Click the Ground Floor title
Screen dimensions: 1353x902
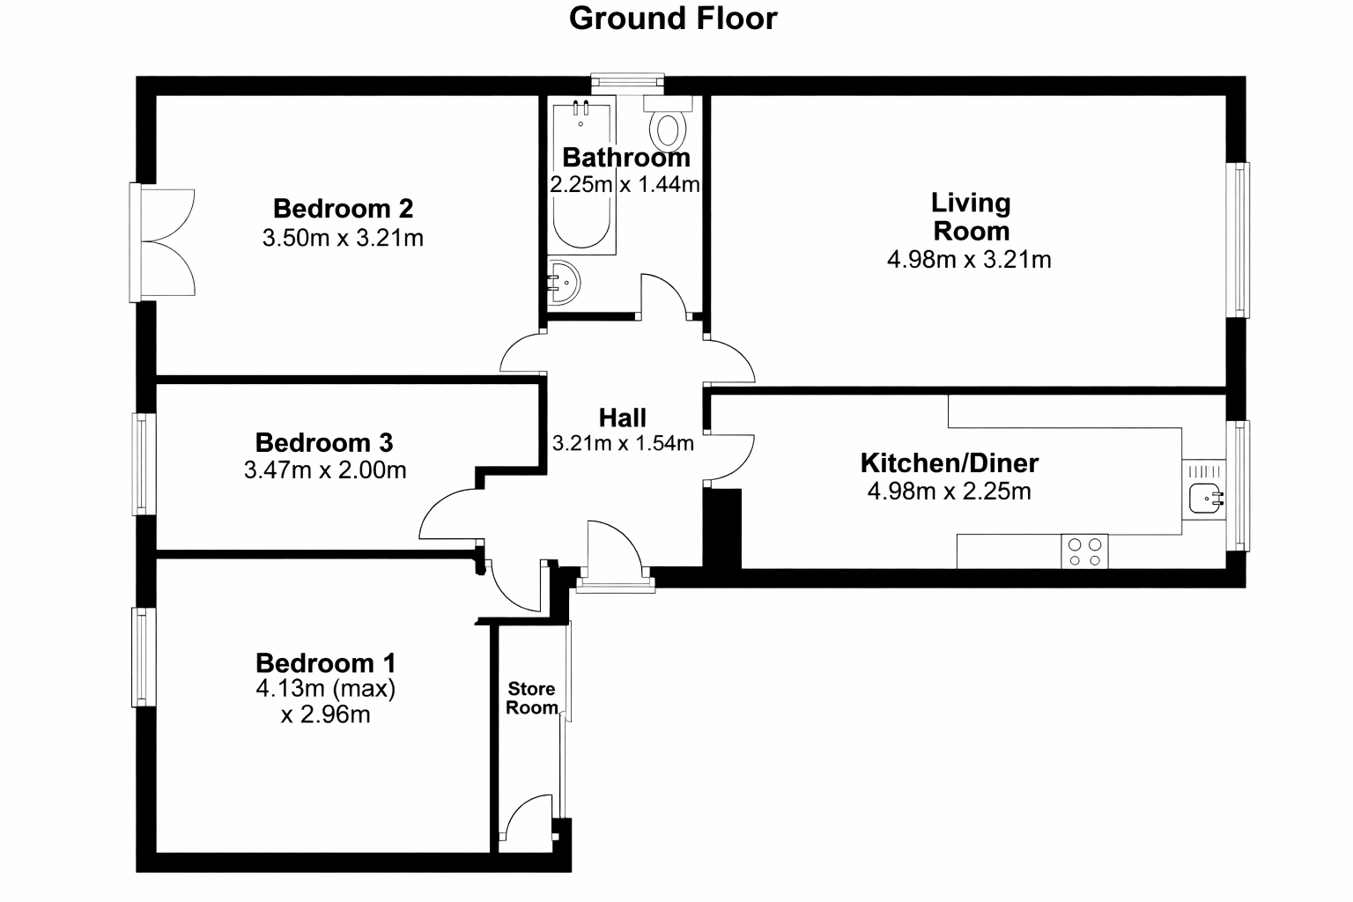[x=673, y=18]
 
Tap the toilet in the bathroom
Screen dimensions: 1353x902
[x=668, y=124]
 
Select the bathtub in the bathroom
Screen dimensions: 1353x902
[x=581, y=175]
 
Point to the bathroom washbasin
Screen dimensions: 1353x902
[x=564, y=282]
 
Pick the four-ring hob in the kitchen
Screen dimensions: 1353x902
[x=1085, y=551]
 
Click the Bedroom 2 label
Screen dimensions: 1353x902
[x=343, y=209]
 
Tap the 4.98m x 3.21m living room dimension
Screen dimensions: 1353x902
[x=969, y=260]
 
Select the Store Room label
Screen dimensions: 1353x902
[x=531, y=698]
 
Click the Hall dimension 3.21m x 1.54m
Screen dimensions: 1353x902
[x=623, y=443]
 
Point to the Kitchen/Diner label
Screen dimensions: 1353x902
[x=950, y=463]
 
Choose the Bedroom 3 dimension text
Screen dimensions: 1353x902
[x=325, y=470]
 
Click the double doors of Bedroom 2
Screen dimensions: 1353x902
[x=162, y=242]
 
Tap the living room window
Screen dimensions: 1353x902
[x=1238, y=240]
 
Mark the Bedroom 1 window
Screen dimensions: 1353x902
[x=144, y=657]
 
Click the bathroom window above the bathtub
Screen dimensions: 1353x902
[x=627, y=84]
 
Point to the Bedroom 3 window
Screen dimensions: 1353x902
[x=144, y=464]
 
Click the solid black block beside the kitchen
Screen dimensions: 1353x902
[x=722, y=528]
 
